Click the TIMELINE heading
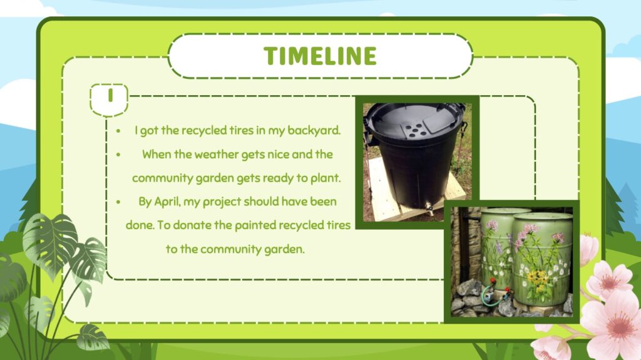pos(320,56)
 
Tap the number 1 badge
pos(109,99)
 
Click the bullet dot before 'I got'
pos(118,131)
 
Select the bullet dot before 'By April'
pos(118,202)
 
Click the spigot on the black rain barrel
pos(429,208)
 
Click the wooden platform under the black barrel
pos(409,197)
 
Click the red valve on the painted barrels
pos(493,282)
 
